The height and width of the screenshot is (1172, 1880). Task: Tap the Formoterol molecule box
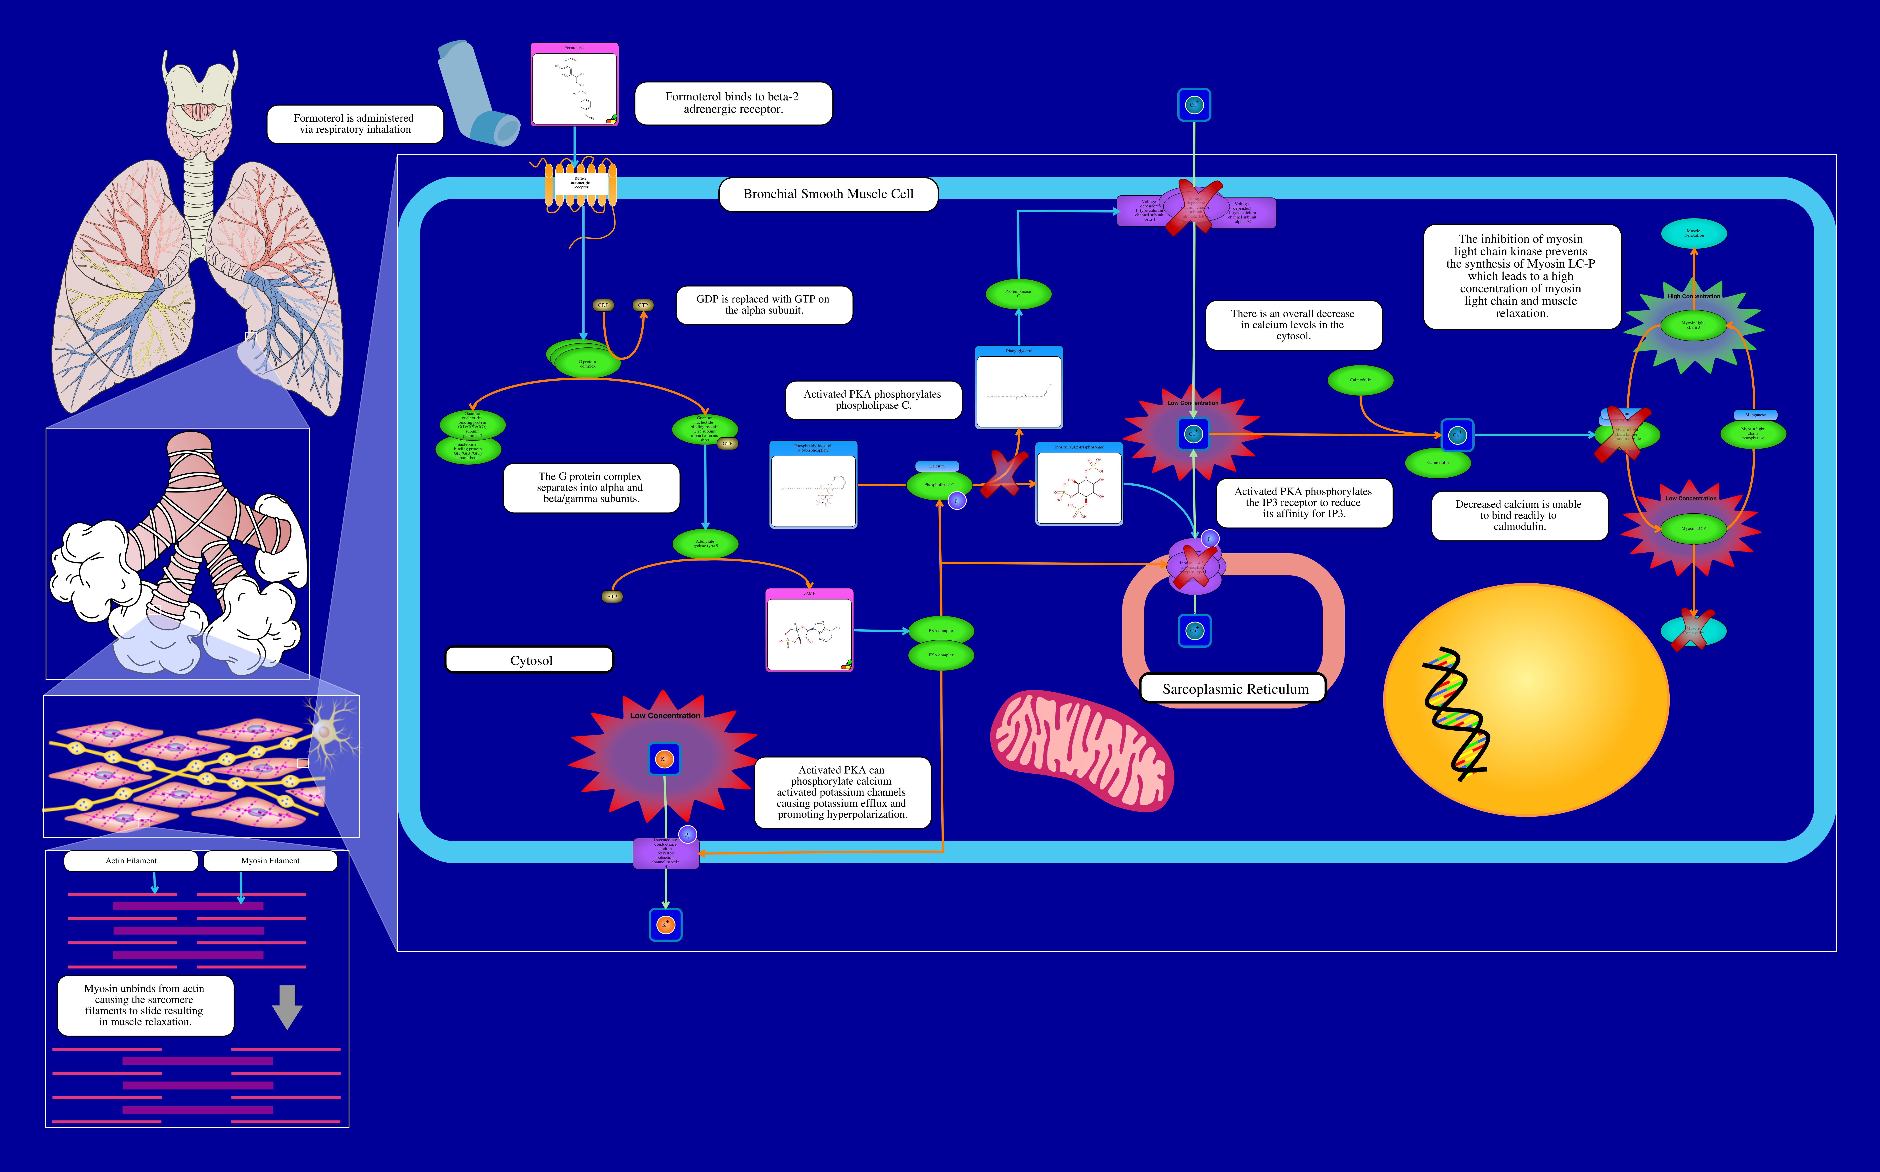(574, 85)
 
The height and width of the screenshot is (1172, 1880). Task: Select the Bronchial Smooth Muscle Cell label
(828, 194)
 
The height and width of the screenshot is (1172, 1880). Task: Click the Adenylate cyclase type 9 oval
(705, 543)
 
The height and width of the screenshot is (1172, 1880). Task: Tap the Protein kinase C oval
(1018, 294)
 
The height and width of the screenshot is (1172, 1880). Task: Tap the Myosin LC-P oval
(1693, 529)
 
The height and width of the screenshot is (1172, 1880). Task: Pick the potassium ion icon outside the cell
(665, 925)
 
